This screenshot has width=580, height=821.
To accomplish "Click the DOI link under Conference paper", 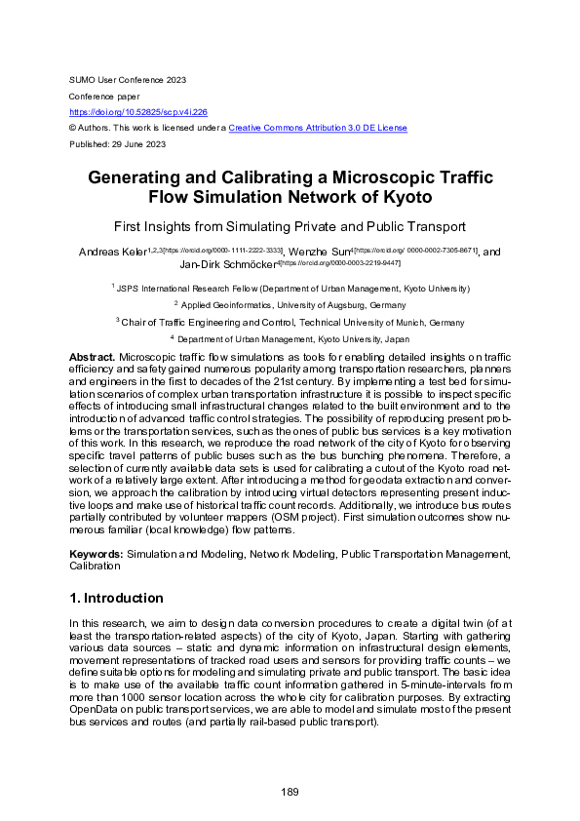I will click(x=145, y=112).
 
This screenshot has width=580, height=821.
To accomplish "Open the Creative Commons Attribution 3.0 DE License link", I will click(x=318, y=128).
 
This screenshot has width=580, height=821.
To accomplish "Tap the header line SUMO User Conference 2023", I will click(x=127, y=79).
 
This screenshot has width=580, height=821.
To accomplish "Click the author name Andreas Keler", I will click(x=111, y=252).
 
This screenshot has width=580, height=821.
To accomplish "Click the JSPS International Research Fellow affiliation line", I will click(x=291, y=289).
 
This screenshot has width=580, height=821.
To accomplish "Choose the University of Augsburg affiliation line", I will click(x=290, y=305).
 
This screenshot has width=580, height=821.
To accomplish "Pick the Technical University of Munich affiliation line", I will click(x=290, y=322).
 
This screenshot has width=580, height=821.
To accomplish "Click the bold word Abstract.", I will click(x=90, y=358).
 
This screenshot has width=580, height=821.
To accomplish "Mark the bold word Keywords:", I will click(x=96, y=553).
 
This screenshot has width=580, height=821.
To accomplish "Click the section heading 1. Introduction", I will click(x=115, y=598).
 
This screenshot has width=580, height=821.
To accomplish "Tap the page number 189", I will click(x=290, y=792).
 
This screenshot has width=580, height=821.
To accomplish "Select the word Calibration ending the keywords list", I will click(x=96, y=565).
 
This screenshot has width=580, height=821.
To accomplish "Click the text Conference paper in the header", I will click(x=104, y=96).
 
